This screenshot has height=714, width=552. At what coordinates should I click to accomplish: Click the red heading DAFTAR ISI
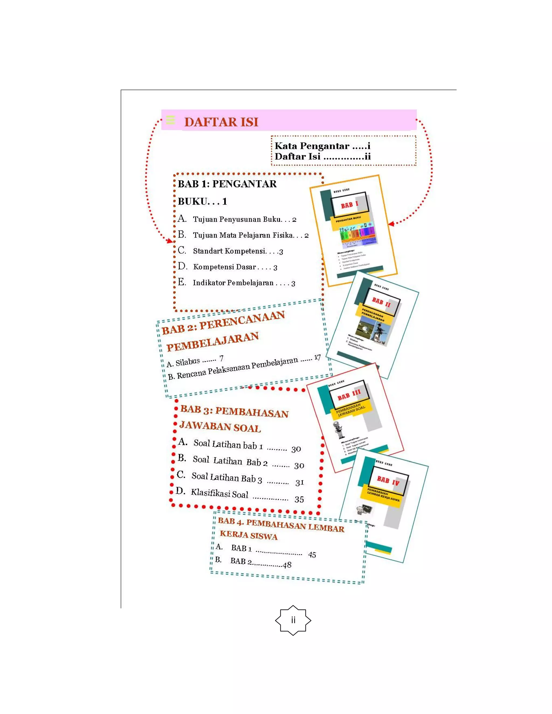pyautogui.click(x=221, y=122)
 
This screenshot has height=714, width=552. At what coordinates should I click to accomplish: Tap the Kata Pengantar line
pyautogui.click(x=322, y=146)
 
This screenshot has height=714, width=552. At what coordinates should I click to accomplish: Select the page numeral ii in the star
pyautogui.click(x=293, y=620)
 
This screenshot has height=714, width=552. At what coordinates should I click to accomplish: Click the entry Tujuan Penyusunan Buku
pyautogui.click(x=237, y=219)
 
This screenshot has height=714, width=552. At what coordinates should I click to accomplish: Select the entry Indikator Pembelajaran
pyautogui.click(x=233, y=283)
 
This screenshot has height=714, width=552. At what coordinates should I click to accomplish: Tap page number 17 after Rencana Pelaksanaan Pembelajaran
pyautogui.click(x=317, y=357)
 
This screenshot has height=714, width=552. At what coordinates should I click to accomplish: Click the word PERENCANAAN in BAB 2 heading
pyautogui.click(x=242, y=320)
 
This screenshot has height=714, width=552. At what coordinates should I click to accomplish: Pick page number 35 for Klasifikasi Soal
pyautogui.click(x=299, y=499)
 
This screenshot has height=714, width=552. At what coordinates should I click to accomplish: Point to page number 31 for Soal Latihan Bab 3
pyautogui.click(x=299, y=483)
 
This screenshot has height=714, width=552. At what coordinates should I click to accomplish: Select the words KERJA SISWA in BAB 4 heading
pyautogui.click(x=249, y=535)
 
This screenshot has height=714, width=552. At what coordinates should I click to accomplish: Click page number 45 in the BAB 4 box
pyautogui.click(x=312, y=555)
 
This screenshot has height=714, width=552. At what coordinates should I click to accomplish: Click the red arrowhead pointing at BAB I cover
pyautogui.click(x=391, y=224)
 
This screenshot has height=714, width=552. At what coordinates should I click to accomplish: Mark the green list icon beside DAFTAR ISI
pyautogui.click(x=170, y=120)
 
